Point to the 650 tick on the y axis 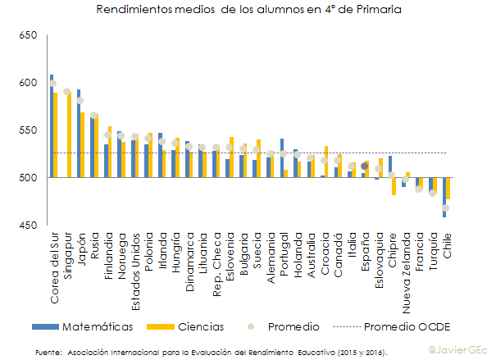(28, 36)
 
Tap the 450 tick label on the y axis (28, 226)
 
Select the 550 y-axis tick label (28, 130)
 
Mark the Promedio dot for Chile (446, 207)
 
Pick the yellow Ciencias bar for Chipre (394, 186)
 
